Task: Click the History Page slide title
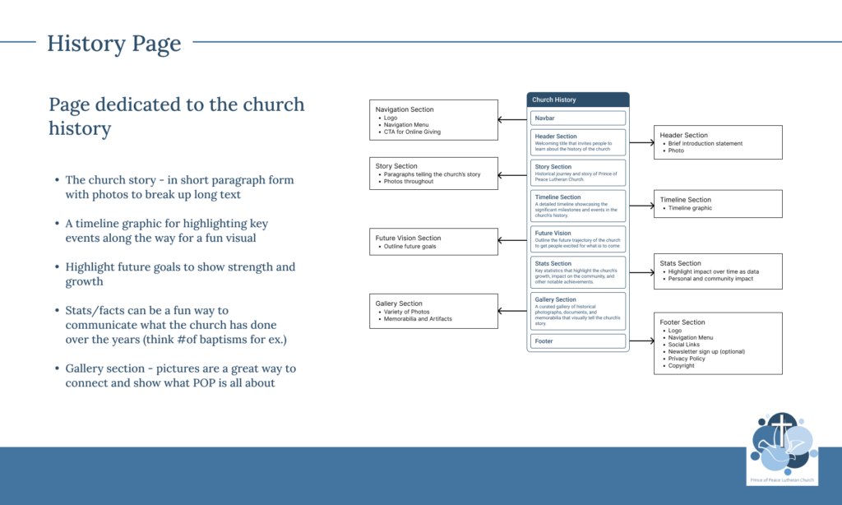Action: coord(113,43)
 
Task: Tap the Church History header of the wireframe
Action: coord(554,100)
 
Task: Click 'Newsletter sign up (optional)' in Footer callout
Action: coord(706,351)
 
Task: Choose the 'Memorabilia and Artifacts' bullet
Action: coord(417,318)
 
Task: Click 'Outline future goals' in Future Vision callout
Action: coord(409,247)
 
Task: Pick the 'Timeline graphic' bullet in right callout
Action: coord(690,208)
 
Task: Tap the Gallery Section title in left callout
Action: coord(399,303)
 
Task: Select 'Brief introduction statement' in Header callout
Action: coord(705,144)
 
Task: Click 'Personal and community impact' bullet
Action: coord(710,279)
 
